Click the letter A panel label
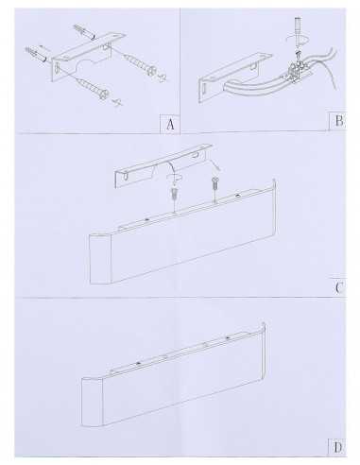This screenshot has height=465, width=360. (x=170, y=124)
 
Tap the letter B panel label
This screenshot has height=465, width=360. (x=339, y=121)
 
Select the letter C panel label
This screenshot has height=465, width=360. (x=338, y=288)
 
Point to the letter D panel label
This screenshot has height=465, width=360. (x=337, y=447)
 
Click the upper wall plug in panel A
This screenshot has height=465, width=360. (x=84, y=32)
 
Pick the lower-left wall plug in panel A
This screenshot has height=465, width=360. (x=36, y=54)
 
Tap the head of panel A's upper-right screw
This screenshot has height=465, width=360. (x=152, y=70)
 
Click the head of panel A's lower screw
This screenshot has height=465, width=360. (x=105, y=94)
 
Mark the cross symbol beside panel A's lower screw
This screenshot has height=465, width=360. (x=117, y=102)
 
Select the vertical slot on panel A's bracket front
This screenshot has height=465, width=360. (x=58, y=67)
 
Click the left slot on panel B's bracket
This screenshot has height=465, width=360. (x=204, y=88)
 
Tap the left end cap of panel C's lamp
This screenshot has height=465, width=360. (x=100, y=258)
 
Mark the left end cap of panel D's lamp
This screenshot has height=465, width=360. (x=92, y=402)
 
